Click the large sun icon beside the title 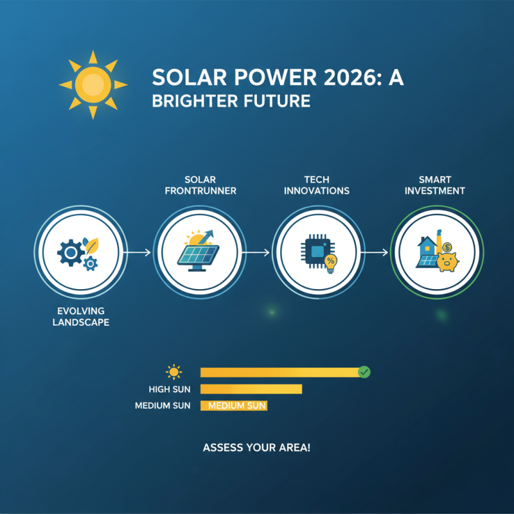click(x=93, y=84)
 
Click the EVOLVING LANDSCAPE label click(x=77, y=317)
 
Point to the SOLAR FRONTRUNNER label click(x=201, y=186)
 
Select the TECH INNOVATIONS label click(x=319, y=186)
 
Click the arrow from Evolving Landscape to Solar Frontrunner click(x=136, y=253)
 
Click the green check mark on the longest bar click(x=364, y=371)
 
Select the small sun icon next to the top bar click(x=173, y=371)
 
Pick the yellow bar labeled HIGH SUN click(x=251, y=389)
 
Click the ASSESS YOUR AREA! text click(x=256, y=447)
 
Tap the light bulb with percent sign click(x=331, y=262)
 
